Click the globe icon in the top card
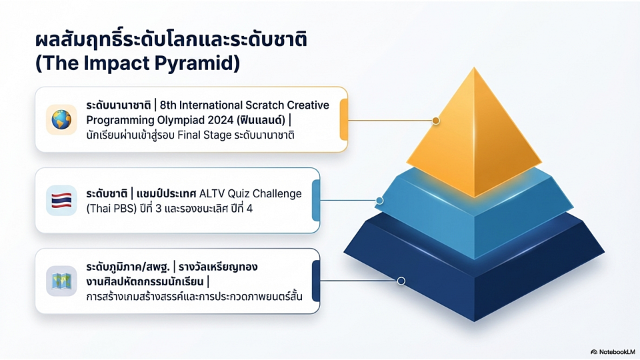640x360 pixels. [61, 119]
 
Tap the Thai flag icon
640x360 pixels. [61, 201]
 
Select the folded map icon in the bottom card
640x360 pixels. [61, 281]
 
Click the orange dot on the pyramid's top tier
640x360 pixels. [436, 121]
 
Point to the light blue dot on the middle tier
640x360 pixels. [379, 201]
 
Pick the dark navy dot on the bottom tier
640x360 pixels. [401, 281]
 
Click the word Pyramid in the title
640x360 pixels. [197, 64]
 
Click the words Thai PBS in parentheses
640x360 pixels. [111, 209]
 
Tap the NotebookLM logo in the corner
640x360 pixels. [613, 352]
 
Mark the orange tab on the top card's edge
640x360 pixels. [344, 119]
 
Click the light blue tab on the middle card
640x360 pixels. [316, 201]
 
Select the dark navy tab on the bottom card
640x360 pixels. [316, 281]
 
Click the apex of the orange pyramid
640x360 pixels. [474, 67]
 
